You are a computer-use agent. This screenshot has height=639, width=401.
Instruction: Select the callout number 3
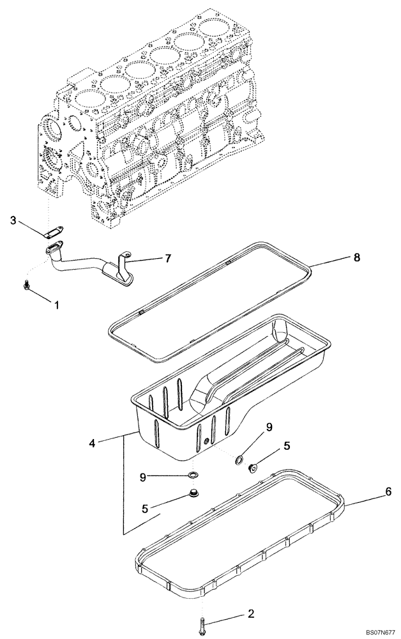coord(13,220)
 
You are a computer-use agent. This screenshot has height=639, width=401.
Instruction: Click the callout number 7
coord(168,259)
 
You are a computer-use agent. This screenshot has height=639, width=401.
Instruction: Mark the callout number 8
coord(356,258)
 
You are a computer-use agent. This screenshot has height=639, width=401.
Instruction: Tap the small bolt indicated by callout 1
coord(27,286)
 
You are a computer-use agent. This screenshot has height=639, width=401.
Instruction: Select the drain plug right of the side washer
coord(252,468)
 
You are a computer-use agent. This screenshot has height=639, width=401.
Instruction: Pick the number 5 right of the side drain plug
coord(287,447)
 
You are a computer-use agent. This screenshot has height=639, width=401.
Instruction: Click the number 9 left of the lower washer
coord(145,476)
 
